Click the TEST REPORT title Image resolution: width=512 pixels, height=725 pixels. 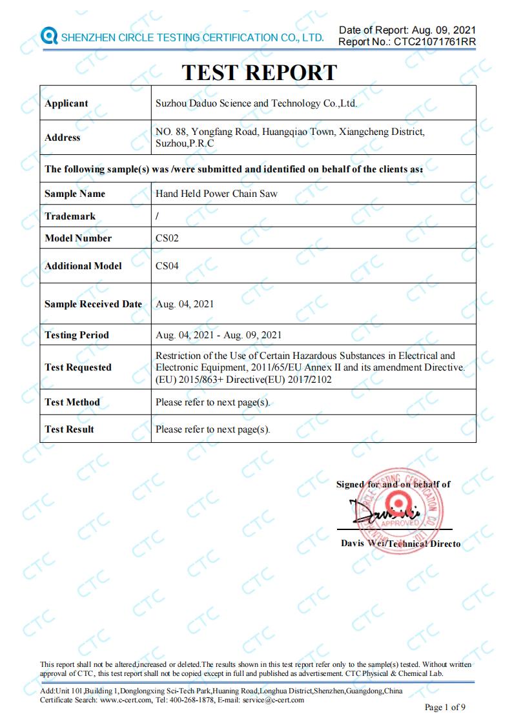pyautogui.click(x=259, y=72)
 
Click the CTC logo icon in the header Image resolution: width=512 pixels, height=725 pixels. pyautogui.click(x=48, y=36)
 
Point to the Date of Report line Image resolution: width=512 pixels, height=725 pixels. pyautogui.click(x=407, y=30)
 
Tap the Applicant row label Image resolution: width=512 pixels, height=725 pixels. pyautogui.click(x=67, y=103)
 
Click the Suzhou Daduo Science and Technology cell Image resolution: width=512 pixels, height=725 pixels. pyautogui.click(x=256, y=103)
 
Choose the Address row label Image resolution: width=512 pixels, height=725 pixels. pyautogui.click(x=63, y=138)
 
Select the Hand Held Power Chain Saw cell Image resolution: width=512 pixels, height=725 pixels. pyautogui.click(x=216, y=193)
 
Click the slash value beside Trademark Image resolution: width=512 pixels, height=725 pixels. pyautogui.click(x=158, y=216)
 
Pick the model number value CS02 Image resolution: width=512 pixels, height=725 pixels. pyautogui.click(x=167, y=238)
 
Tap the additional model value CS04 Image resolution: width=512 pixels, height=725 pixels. pyautogui.click(x=167, y=265)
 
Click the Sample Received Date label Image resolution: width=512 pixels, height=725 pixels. pyautogui.click(x=93, y=304)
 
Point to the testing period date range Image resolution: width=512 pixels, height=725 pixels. pyautogui.click(x=219, y=335)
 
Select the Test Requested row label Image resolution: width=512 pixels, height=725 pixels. pyautogui.click(x=78, y=367)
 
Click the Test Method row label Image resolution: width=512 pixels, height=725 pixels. pyautogui.click(x=72, y=402)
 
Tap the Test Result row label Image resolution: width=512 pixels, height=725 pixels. pyautogui.click(x=69, y=429)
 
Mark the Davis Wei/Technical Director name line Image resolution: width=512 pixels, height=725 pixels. pyautogui.click(x=400, y=544)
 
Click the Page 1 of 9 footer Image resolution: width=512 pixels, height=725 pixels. pyautogui.click(x=445, y=707)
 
